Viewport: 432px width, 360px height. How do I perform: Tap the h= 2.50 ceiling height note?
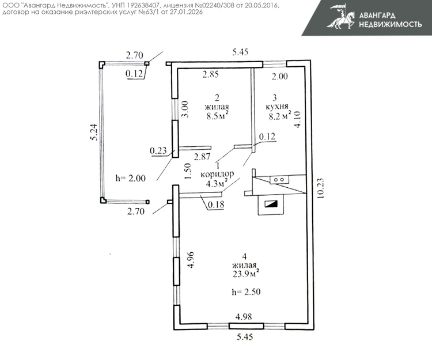tap(245, 292)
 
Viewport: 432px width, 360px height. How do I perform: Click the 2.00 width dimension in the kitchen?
tap(279, 76)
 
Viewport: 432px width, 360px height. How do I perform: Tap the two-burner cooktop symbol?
tap(280, 180)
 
